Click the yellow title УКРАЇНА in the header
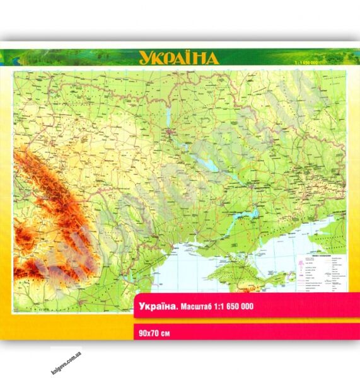pos(178,59)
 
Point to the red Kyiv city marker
pos(171,134)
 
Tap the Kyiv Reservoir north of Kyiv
pos(168,117)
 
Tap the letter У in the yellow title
pos(146,59)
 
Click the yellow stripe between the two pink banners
pos(240,319)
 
